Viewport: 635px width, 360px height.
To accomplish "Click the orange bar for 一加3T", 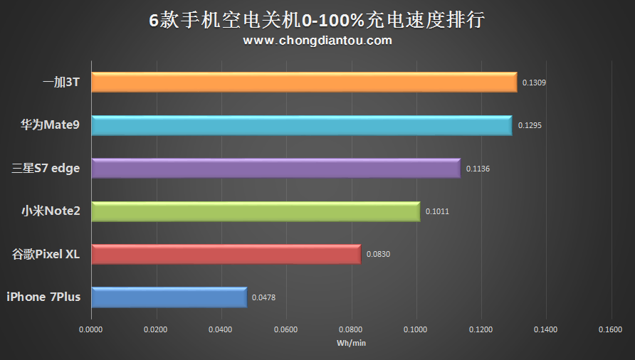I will tap(304, 83).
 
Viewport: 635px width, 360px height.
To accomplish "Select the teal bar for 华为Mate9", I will tap(301, 125).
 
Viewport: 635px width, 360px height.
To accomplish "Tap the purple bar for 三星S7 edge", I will tap(275, 169).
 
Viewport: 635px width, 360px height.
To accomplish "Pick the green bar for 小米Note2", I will tap(256, 211).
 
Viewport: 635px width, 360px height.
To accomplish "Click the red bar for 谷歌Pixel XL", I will tap(226, 254).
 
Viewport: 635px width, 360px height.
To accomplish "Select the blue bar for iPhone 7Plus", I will tap(169, 297).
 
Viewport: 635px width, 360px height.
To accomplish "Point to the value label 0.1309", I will tap(534, 83).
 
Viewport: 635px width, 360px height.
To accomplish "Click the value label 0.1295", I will tap(530, 126).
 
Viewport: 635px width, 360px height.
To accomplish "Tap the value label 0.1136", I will tap(478, 169).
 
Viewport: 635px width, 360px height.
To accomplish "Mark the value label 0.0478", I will tap(263, 297).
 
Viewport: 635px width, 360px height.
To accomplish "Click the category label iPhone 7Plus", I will tap(43, 297).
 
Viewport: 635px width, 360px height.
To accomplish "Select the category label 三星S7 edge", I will tap(46, 169).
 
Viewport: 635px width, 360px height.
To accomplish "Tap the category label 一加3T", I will tap(61, 83).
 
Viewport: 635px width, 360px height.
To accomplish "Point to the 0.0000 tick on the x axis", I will tap(90, 329).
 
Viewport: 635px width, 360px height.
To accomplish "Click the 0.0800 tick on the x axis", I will tap(350, 329).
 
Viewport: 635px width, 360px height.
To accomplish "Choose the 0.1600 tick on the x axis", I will tap(610, 329).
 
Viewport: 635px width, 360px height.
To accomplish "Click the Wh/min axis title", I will tap(350, 343).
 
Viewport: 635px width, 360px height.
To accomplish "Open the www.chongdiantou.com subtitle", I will tap(317, 41).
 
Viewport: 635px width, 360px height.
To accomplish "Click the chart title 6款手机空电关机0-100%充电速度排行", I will tap(317, 20).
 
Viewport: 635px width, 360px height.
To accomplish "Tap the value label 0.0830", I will tap(378, 254).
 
